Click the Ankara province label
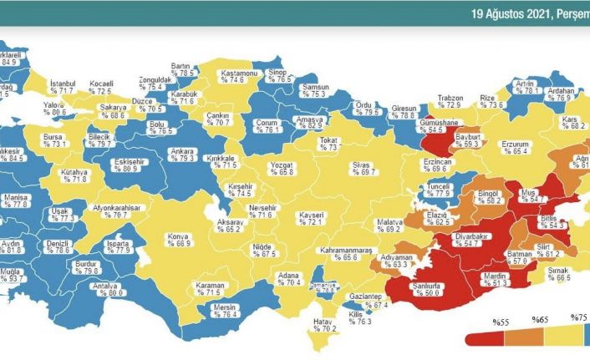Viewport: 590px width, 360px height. [x=181, y=151]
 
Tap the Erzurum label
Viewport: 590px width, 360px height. [x=516, y=144]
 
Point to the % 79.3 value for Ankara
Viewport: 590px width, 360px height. [x=181, y=159]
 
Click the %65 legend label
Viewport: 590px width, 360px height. [x=540, y=319]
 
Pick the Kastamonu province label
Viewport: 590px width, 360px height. [x=238, y=73]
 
